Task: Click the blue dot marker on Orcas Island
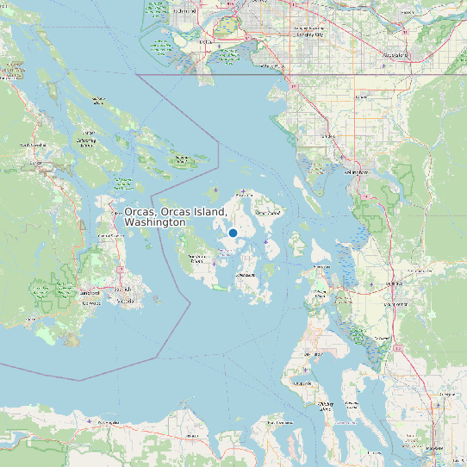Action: click(233, 233)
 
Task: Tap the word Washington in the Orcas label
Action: click(154, 222)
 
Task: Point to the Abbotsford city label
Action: click(395, 54)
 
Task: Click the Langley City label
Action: click(309, 35)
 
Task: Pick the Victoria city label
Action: click(125, 302)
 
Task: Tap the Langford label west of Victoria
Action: click(90, 293)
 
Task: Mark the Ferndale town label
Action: click(327, 135)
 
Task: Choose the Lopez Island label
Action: click(246, 275)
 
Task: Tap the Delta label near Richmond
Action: click(205, 40)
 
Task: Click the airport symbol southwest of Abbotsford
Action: click(383, 65)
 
